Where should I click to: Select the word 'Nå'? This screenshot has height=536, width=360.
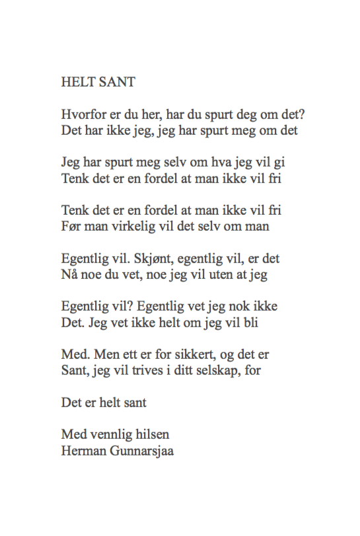[x=69, y=274]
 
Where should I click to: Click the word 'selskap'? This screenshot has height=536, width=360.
[x=217, y=370]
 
